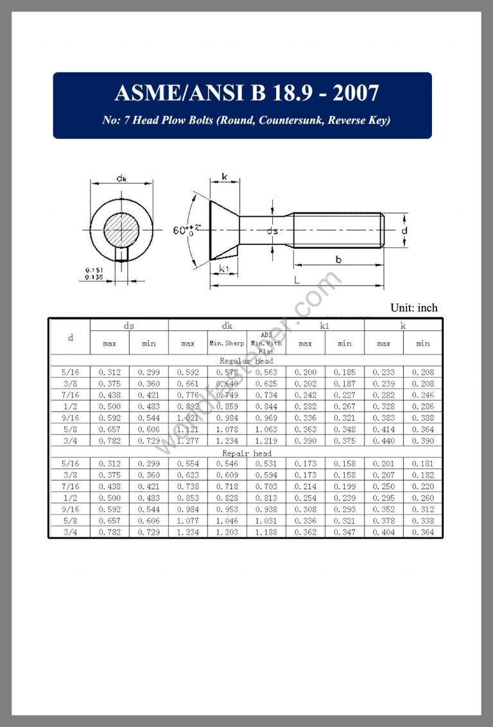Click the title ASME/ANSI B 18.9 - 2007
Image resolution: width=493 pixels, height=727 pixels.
point(246,94)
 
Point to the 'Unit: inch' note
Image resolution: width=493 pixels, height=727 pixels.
point(413,308)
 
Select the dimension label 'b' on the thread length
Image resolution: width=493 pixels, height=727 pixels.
point(338,258)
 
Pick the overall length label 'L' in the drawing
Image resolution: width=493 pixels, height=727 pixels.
point(296,280)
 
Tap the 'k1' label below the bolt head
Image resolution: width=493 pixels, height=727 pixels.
point(224,269)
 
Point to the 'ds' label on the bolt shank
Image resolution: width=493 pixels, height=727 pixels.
point(273,231)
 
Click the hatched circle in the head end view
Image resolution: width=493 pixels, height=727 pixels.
point(121,230)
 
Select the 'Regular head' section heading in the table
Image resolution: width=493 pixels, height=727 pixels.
point(246,361)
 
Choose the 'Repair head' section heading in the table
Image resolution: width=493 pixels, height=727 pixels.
point(246,453)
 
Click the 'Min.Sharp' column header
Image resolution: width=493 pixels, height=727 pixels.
point(227,344)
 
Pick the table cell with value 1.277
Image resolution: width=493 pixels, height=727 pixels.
point(187,441)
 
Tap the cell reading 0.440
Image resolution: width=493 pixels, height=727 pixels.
point(383,441)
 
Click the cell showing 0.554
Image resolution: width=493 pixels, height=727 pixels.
point(187,464)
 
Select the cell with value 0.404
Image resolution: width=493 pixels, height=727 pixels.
point(383,533)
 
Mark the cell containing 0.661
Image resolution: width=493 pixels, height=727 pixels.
point(187,384)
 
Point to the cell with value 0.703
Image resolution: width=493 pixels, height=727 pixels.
point(266,487)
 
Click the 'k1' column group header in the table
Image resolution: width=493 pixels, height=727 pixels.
point(325,326)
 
